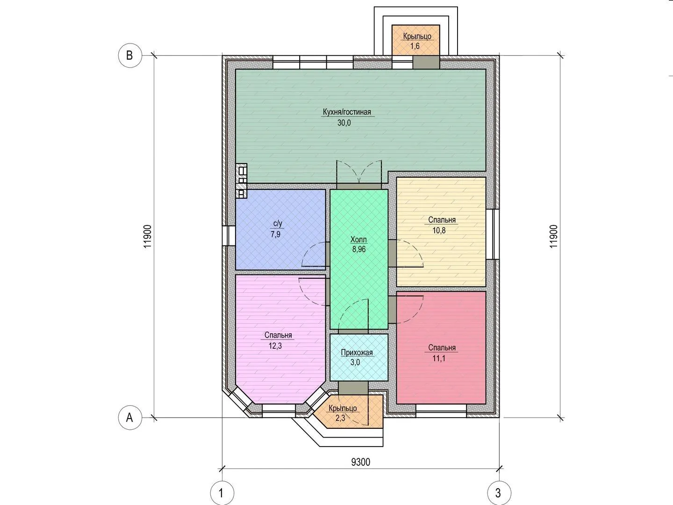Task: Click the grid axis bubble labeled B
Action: (130, 56)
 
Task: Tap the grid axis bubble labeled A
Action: (130, 418)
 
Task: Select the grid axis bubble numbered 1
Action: (222, 493)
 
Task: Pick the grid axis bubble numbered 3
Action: (499, 493)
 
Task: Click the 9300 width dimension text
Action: (360, 462)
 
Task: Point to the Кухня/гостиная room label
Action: (347, 112)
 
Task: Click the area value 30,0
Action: (344, 123)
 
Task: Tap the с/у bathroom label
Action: (278, 224)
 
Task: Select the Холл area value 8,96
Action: (359, 249)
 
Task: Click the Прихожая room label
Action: (357, 353)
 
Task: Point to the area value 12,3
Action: (275, 346)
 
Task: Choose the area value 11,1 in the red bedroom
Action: (439, 359)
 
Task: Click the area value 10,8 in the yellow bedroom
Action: (439, 231)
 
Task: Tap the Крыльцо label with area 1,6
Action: (417, 36)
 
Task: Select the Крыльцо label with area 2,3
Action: (343, 408)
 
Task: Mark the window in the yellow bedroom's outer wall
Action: (493, 234)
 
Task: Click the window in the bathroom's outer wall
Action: (229, 236)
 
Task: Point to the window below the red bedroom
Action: (441, 411)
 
